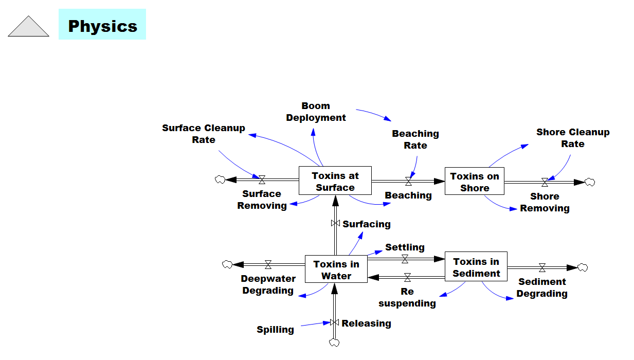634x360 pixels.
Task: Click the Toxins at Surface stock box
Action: tap(335, 181)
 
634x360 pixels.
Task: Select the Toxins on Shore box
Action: tap(475, 181)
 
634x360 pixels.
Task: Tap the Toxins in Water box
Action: tap(336, 269)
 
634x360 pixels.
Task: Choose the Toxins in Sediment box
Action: tap(476, 266)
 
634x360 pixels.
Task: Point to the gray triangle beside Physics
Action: tap(28, 26)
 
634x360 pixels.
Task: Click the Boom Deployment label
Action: tap(316, 112)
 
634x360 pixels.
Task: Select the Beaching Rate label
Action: tap(415, 139)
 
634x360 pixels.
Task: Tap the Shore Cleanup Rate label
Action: tap(573, 138)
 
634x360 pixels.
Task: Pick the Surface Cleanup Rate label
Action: tap(204, 134)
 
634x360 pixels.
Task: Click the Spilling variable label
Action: tap(275, 330)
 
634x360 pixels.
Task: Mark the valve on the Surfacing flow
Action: tap(335, 223)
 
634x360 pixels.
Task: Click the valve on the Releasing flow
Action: tap(335, 322)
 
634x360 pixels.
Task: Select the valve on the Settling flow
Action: tap(405, 259)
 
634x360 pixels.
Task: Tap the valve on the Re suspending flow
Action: tap(407, 277)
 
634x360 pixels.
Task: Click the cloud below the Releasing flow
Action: tap(334, 343)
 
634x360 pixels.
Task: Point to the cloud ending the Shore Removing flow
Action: tap(590, 182)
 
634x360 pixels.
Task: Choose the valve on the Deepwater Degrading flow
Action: tap(268, 265)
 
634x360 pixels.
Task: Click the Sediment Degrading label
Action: tap(542, 287)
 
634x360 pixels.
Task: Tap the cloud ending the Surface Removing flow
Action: tap(220, 179)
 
